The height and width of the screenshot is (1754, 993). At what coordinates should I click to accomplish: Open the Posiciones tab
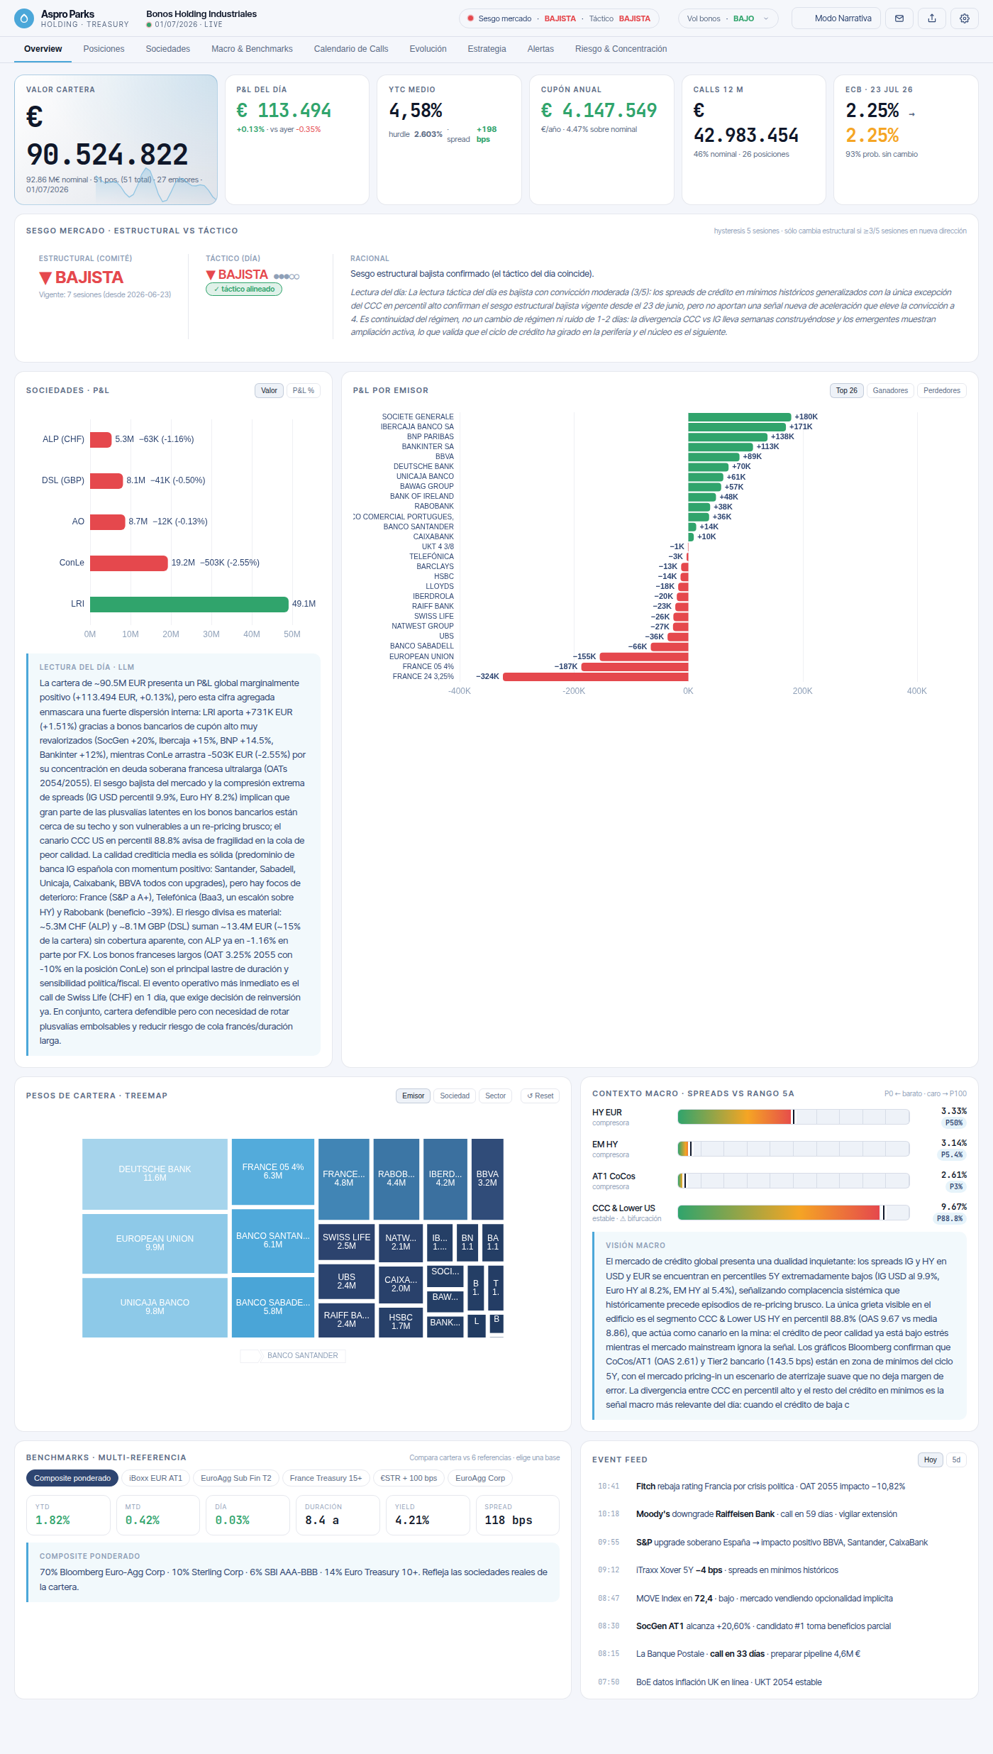[104, 49]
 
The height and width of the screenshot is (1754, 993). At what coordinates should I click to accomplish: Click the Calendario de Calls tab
[351, 49]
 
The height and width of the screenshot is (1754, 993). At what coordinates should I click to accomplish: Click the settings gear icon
[965, 18]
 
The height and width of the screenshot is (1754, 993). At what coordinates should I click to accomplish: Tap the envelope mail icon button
[899, 18]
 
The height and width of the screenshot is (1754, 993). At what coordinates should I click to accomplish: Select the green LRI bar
[189, 604]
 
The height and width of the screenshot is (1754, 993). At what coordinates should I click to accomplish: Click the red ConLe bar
[129, 563]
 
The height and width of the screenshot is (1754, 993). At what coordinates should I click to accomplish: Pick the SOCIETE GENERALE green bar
[739, 417]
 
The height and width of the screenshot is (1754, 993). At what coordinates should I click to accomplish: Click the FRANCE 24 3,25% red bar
[596, 677]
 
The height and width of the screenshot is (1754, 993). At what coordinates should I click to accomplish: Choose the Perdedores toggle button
[942, 391]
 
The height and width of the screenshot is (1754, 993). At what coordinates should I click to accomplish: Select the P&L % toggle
[304, 391]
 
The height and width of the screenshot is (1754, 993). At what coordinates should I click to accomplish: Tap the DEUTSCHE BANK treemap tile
[155, 1174]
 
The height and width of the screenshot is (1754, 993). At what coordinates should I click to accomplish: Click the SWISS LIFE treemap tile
[346, 1242]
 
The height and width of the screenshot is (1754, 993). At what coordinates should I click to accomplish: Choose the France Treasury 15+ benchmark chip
[326, 1478]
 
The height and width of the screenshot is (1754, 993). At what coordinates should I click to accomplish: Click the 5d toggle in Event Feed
[956, 1460]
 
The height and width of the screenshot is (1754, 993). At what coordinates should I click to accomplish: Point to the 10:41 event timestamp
[609, 1486]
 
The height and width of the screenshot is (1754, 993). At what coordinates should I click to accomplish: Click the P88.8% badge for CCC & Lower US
[950, 1218]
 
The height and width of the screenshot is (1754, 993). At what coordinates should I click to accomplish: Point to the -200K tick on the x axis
[574, 691]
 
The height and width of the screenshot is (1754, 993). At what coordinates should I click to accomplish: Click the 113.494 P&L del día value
[284, 111]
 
